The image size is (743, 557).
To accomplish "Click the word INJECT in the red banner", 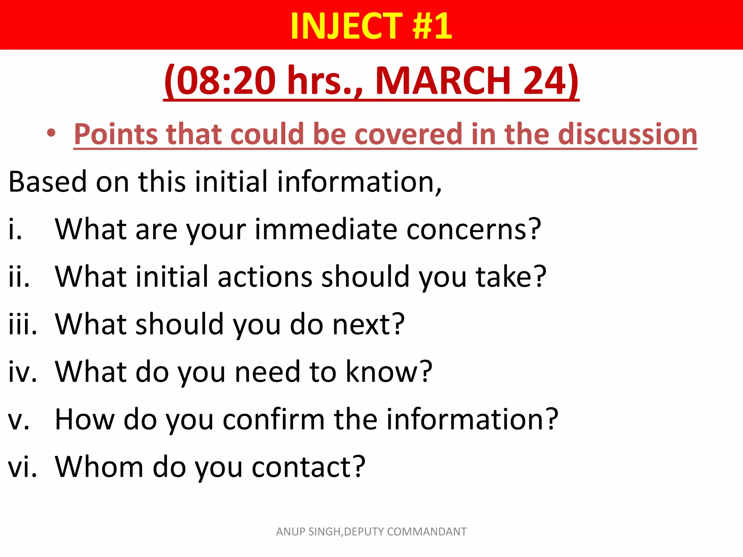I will [346, 26].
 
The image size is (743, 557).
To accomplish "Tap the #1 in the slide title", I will [432, 26].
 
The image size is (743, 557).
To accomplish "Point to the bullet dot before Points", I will [51, 133].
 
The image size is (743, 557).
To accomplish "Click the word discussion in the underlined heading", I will [628, 134].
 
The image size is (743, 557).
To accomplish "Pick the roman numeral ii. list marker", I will [19, 277].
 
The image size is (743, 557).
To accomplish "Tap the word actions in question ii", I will [265, 277].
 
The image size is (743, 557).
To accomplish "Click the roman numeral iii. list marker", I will [22, 324].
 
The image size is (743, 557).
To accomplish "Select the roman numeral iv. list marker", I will [22, 372].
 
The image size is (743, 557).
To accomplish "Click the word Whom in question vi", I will [99, 467].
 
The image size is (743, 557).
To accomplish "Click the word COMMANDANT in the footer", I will [427, 532].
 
